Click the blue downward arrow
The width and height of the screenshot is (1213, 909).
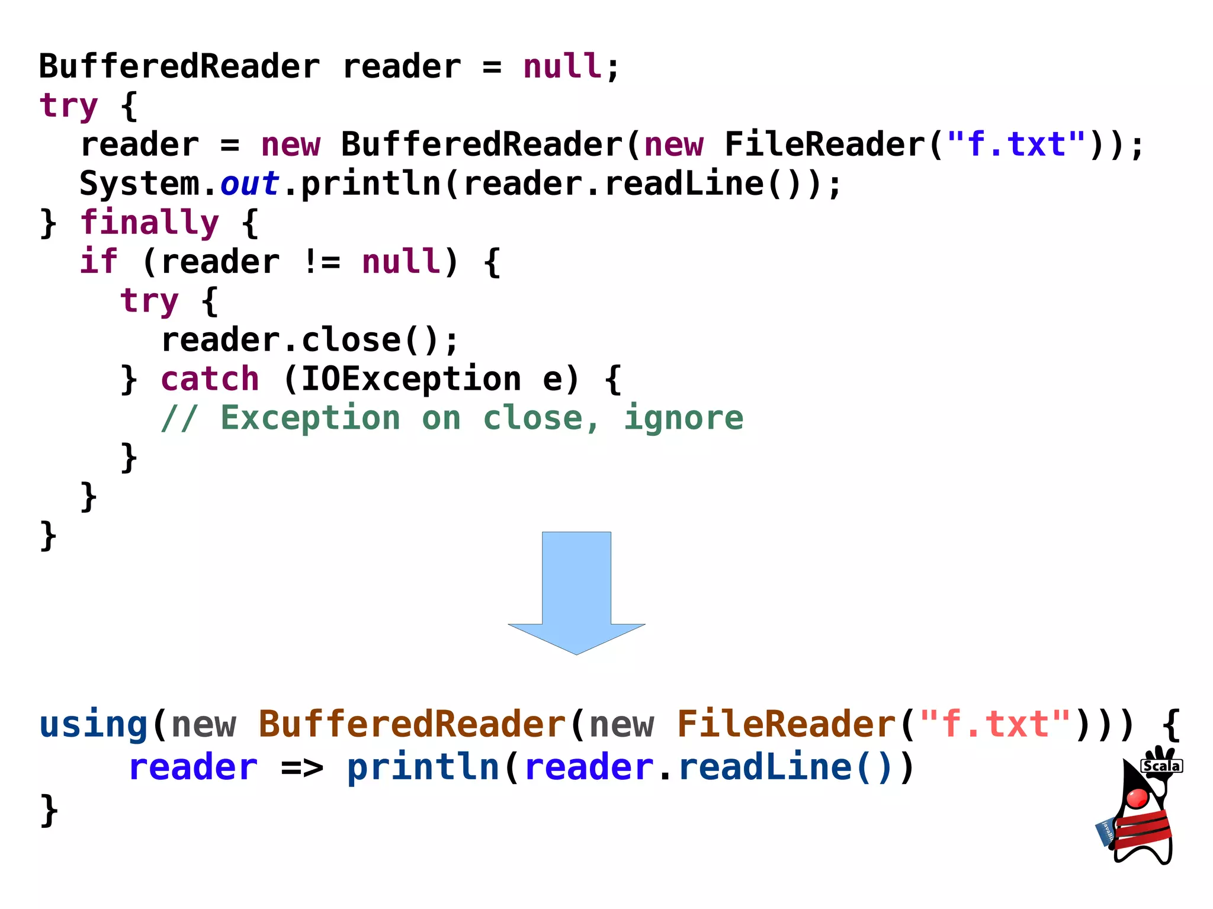576,592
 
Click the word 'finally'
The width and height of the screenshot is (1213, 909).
149,223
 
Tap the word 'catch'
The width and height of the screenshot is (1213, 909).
210,379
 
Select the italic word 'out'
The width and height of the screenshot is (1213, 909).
249,184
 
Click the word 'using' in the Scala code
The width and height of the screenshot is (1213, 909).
93,725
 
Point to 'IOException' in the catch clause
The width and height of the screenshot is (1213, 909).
411,379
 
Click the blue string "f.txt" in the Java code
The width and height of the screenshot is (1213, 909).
1016,145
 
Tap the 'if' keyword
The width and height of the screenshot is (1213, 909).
99,262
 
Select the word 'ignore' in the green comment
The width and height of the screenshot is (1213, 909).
683,419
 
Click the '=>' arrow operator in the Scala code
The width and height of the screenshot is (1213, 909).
302,768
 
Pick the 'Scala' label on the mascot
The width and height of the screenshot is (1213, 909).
1161,766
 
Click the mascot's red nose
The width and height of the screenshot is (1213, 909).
1137,798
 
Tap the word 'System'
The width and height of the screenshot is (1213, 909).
140,184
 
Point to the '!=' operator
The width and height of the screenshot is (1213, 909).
321,262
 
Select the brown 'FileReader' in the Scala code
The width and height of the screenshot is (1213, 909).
786,724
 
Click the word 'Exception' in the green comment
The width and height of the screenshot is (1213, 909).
310,419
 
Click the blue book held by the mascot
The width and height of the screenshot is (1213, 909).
1105,832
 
